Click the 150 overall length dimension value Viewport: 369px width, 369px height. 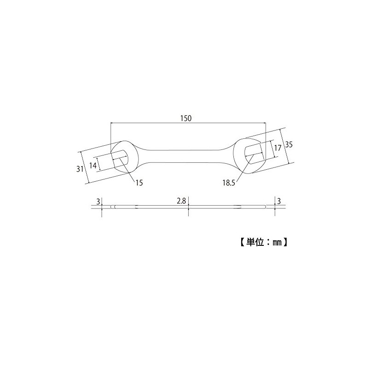(x=186, y=118)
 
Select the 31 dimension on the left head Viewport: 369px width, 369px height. (x=79, y=169)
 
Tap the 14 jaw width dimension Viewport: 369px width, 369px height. (x=93, y=165)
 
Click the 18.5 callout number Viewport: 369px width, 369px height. (x=228, y=183)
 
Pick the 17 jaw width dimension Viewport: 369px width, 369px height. (x=277, y=148)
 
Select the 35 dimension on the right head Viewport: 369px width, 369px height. (x=289, y=144)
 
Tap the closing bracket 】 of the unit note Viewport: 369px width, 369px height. (x=286, y=241)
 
